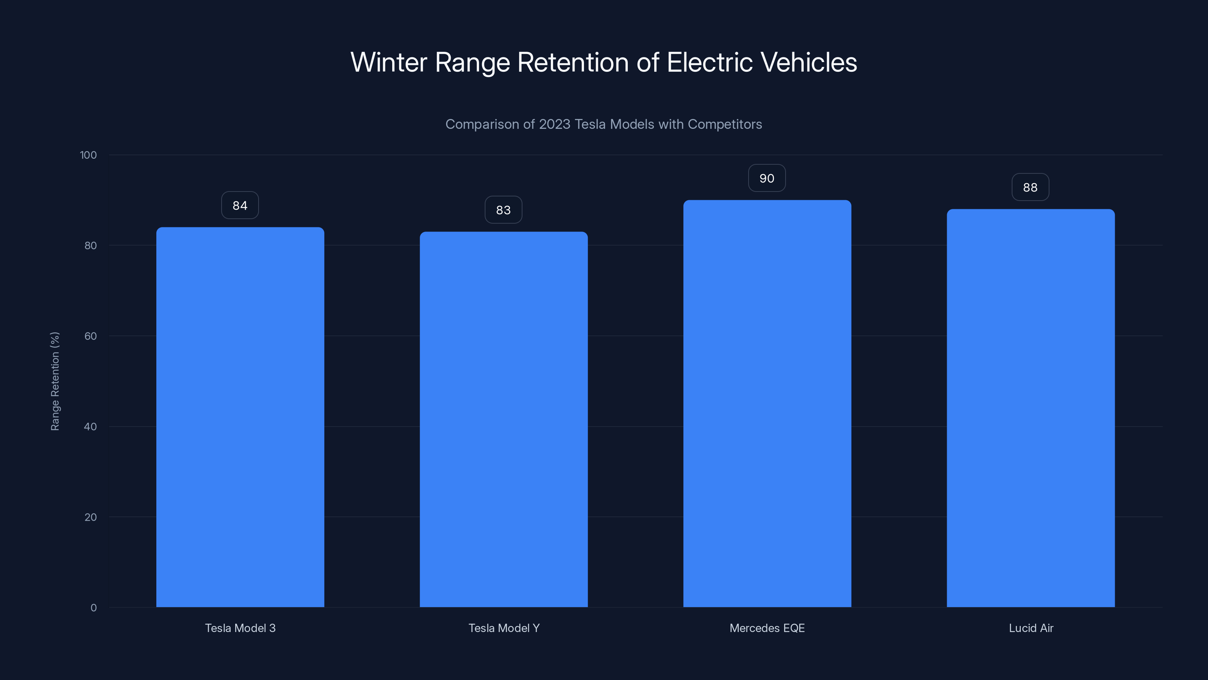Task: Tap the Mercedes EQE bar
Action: click(x=767, y=403)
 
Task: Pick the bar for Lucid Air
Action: click(x=1031, y=408)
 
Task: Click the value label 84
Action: click(x=240, y=205)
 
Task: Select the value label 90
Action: click(x=767, y=178)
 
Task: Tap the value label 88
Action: click(x=1030, y=187)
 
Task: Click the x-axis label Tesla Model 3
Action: click(x=240, y=628)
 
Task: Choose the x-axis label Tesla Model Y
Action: click(x=504, y=628)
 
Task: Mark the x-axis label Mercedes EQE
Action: click(x=767, y=628)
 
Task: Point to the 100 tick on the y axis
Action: click(x=88, y=155)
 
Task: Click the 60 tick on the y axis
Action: click(x=91, y=336)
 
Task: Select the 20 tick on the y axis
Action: click(x=91, y=517)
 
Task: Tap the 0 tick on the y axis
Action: click(x=94, y=608)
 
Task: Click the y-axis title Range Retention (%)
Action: click(x=55, y=381)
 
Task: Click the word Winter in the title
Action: click(x=389, y=62)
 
